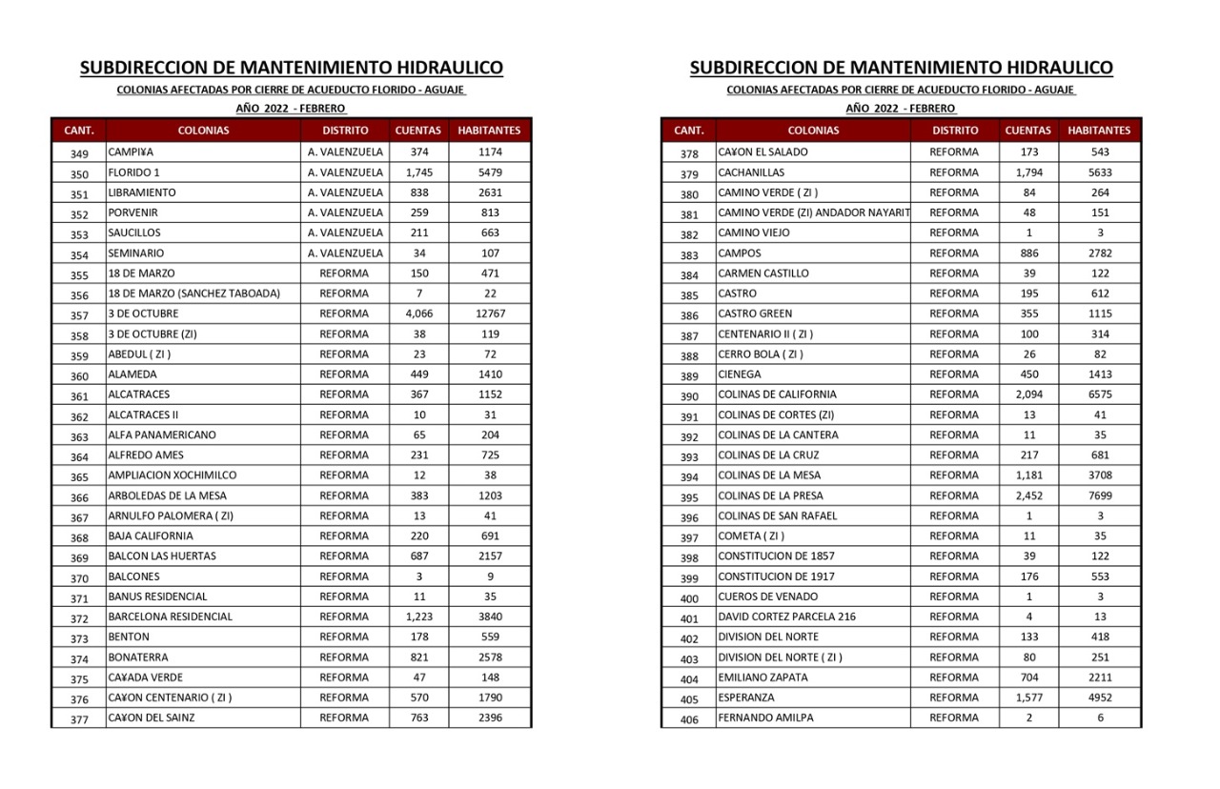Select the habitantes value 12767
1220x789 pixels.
[490, 314]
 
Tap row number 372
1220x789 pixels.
[79, 618]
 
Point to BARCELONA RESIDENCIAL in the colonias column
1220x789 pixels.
[171, 617]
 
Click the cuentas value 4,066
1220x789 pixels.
[419, 314]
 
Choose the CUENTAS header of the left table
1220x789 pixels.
[418, 131]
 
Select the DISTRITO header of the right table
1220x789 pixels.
[955, 131]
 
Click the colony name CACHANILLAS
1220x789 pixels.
[753, 172]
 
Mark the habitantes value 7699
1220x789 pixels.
[1100, 496]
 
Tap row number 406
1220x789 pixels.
[689, 719]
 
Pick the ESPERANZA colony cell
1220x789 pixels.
[746, 698]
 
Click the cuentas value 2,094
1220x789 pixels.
[1029, 394]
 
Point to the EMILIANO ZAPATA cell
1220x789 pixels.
[762, 678]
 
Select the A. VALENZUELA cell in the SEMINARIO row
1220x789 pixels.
[345, 253]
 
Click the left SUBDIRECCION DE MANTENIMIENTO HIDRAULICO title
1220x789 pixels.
[292, 68]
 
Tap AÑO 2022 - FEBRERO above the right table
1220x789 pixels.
[901, 109]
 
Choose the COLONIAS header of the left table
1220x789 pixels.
[203, 131]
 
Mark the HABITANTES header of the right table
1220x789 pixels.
[1100, 131]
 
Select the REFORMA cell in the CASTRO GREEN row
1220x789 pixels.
[954, 314]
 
